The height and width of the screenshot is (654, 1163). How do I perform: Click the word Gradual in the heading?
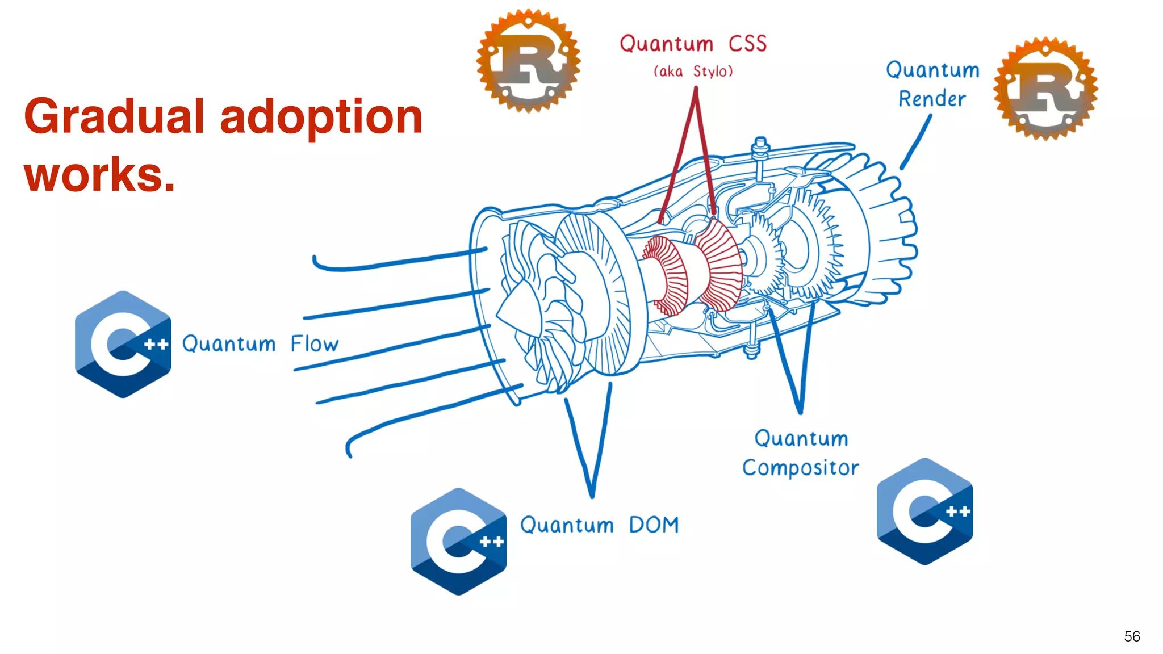pyautogui.click(x=114, y=116)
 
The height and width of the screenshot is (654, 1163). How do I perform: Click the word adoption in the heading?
pyautogui.click(x=321, y=116)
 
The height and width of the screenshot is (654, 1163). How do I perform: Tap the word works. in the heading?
pyautogui.click(x=99, y=174)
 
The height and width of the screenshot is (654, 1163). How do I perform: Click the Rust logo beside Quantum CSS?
pyautogui.click(x=528, y=61)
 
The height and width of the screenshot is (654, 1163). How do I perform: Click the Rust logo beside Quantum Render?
pyautogui.click(x=1046, y=89)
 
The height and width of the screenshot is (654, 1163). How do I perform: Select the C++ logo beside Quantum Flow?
pyautogui.click(x=123, y=344)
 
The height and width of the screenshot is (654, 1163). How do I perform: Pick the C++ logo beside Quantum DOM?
pyautogui.click(x=458, y=541)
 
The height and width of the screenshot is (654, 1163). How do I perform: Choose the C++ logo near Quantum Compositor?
pyautogui.click(x=924, y=511)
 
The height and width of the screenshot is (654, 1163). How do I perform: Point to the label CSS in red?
pyautogui.click(x=747, y=44)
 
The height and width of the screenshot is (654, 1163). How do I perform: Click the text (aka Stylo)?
pyautogui.click(x=693, y=72)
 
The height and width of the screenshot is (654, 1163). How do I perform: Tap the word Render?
pyautogui.click(x=932, y=99)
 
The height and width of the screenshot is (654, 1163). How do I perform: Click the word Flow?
pyautogui.click(x=315, y=344)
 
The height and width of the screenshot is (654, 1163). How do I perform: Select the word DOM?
pyautogui.click(x=654, y=525)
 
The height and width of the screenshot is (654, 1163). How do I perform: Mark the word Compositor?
pyautogui.click(x=800, y=468)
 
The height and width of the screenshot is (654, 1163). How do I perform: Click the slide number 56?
pyautogui.click(x=1132, y=636)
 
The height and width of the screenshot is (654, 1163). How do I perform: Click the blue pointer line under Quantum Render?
pyautogui.click(x=916, y=142)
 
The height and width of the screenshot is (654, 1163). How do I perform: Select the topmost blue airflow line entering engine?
pyautogui.click(x=398, y=261)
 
